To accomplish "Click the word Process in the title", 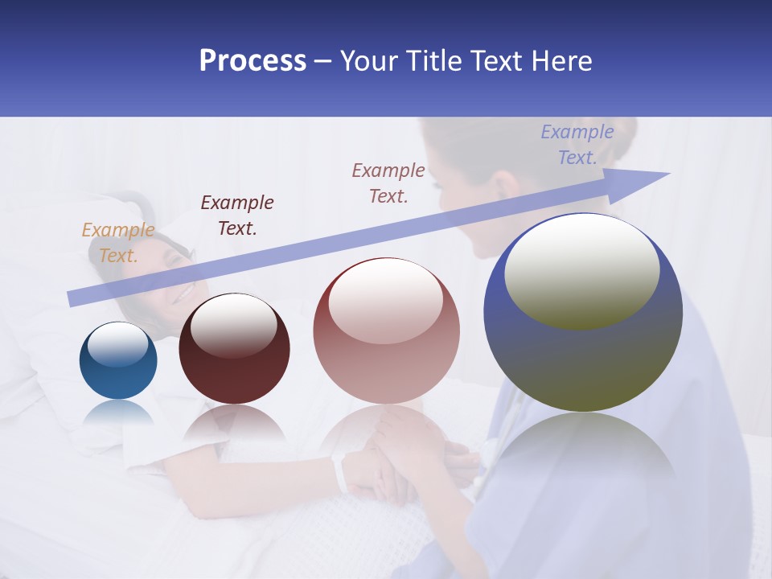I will click(253, 60).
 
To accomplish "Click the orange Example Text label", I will click(117, 243).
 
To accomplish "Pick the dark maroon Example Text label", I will click(236, 216).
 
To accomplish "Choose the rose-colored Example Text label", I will click(388, 183).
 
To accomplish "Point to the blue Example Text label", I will click(577, 145).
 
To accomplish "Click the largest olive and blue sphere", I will click(583, 354).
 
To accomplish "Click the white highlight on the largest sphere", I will click(581, 270).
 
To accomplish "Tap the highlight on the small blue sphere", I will click(117, 344).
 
